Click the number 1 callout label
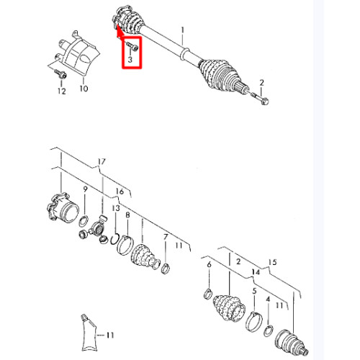pos(183,30)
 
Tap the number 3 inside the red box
pos(130,59)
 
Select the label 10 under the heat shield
pos(84,89)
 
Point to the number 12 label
pos(62,91)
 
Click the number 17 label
pos(102,162)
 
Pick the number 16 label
pos(120,192)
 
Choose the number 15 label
pos(273,262)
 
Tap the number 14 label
pos(256,272)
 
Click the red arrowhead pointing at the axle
pos(120,32)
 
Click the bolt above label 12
pos(60,73)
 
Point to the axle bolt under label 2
pos(260,99)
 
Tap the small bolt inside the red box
pos(132,46)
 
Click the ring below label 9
pos(84,221)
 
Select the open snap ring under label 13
pos(114,240)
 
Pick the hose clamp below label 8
pos(125,246)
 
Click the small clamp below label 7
pos(166,269)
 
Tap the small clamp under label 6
pos(208,294)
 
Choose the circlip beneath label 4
pos(269,330)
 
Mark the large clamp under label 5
pos(254,322)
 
